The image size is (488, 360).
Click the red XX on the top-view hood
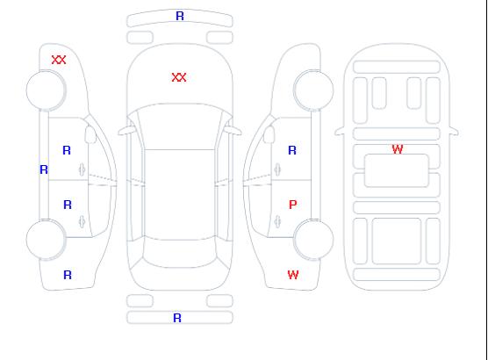click(x=179, y=77)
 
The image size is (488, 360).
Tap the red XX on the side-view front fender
click(x=59, y=60)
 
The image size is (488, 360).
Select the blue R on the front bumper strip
click(x=180, y=16)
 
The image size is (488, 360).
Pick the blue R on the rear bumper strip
click(x=177, y=318)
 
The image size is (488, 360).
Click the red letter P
click(x=292, y=205)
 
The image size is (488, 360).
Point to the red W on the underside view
click(x=398, y=149)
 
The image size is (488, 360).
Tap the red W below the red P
click(x=293, y=275)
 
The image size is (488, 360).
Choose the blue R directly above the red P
click(x=292, y=150)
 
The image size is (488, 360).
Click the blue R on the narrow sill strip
click(x=44, y=169)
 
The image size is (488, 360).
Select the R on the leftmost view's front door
click(x=67, y=150)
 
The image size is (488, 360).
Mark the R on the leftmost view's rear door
click(x=68, y=205)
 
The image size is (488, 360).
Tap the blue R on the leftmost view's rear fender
click(x=68, y=275)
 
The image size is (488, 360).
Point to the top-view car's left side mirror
click(x=126, y=131)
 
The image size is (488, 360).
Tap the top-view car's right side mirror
click(x=233, y=131)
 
